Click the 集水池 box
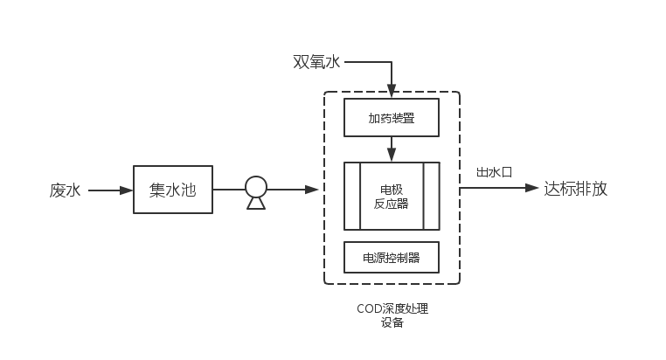173,190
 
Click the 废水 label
65,190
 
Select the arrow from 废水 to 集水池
109,190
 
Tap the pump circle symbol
255,186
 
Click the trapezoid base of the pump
255,203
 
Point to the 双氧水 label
316,62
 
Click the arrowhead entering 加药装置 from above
392,90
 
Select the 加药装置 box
391,117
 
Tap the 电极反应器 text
392,196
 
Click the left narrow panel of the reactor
351,196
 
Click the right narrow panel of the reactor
431,196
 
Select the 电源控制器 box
391,258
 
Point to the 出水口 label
493,172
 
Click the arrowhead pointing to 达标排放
532,189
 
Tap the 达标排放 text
575,189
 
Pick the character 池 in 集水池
188,190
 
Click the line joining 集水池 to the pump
228,189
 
